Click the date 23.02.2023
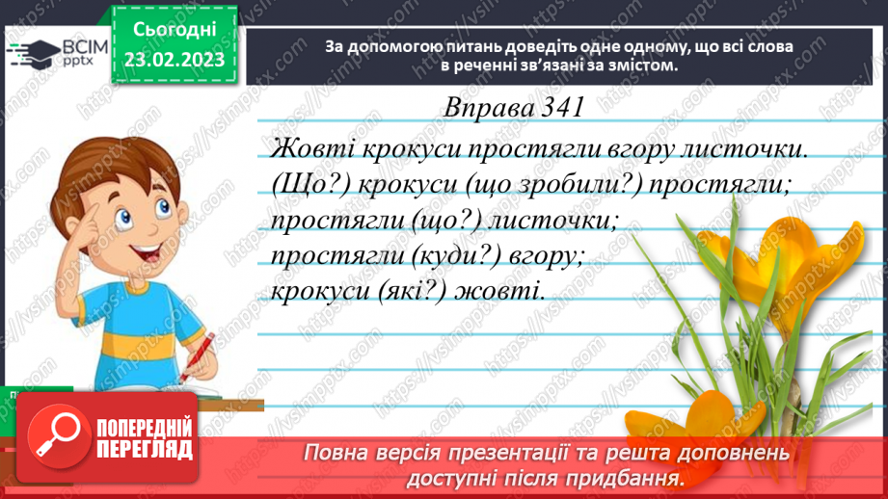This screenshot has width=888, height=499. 174,60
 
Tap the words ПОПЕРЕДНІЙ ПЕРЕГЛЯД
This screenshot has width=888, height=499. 145,438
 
